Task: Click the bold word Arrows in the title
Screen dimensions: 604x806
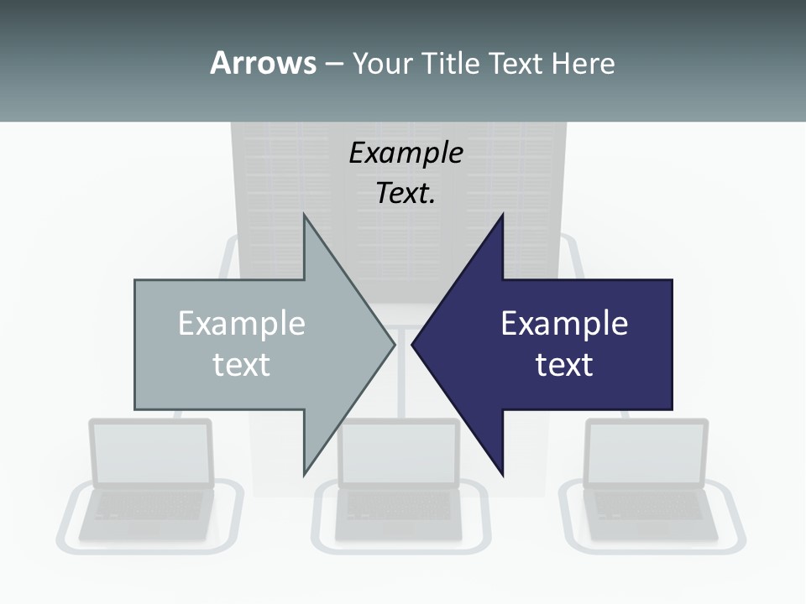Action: coord(263,63)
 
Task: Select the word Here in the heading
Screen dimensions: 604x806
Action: coord(584,63)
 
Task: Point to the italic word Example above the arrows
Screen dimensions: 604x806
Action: coord(406,153)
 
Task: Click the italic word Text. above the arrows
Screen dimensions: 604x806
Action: coord(406,193)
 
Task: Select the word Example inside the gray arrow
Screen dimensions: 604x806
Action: coord(242,324)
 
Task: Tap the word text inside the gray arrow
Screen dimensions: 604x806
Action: coord(242,365)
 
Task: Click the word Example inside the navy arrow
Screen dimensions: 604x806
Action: coord(564,324)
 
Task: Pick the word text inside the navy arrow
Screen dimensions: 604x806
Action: coord(564,365)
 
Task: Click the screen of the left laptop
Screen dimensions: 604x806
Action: coord(151,453)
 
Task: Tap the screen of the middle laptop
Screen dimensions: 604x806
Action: coord(399,453)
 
